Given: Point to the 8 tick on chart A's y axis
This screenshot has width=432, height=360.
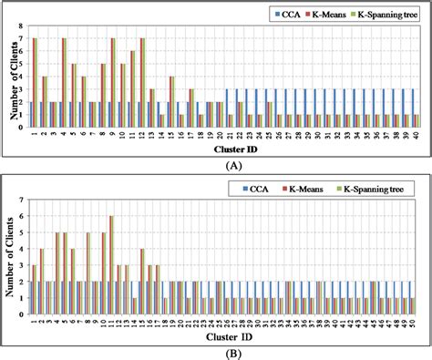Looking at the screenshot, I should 21,26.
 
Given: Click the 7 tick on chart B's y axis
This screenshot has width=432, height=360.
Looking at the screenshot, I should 21,200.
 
